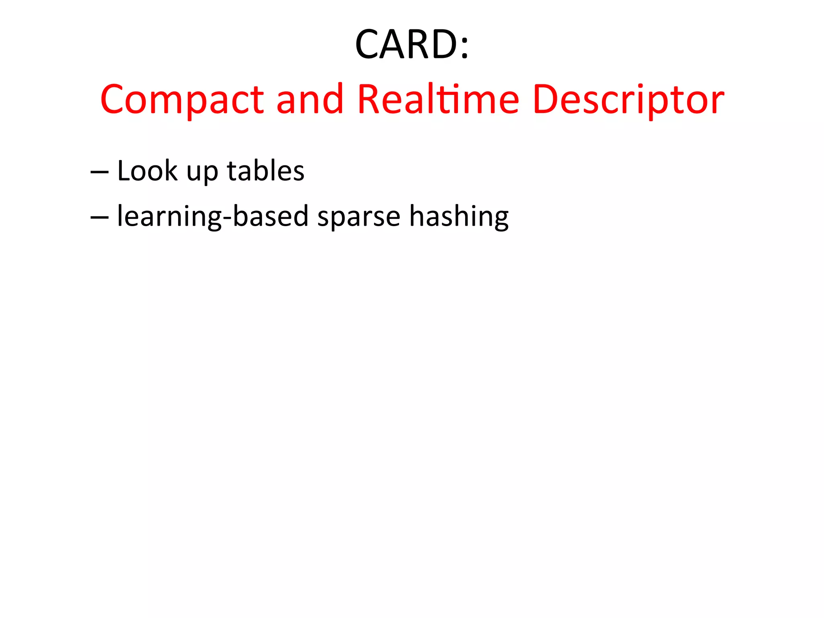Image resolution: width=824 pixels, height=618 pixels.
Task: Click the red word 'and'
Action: click(x=310, y=99)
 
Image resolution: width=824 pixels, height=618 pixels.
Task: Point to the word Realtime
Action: click(x=438, y=99)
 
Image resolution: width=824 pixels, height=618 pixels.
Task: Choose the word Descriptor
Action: click(x=628, y=100)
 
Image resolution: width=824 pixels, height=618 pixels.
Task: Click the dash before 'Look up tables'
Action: click(x=99, y=172)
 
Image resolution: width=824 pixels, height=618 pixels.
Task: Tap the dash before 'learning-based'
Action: click(x=99, y=217)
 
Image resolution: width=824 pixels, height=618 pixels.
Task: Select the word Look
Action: click(x=147, y=171)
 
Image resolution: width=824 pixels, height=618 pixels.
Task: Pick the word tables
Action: click(x=266, y=171)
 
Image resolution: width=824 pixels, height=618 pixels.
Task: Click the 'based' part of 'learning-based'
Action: click(x=271, y=216)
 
